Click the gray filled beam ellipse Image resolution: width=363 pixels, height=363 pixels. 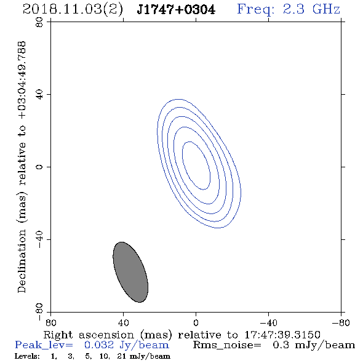(x=130, y=272)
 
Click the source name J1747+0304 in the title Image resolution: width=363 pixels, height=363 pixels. (x=176, y=10)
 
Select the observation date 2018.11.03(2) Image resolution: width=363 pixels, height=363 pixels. (x=73, y=10)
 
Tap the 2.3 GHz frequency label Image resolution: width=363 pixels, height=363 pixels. (x=311, y=9)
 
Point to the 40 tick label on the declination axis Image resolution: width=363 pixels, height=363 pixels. (x=39, y=95)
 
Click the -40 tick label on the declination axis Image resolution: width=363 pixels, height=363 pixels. (x=39, y=239)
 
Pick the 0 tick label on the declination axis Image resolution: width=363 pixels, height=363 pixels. (x=39, y=167)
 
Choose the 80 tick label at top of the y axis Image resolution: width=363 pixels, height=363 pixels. (x=39, y=22)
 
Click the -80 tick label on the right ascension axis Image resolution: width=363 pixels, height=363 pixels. (x=341, y=323)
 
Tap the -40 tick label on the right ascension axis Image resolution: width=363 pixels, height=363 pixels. (x=268, y=323)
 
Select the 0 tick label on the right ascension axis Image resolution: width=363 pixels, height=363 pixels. (x=196, y=323)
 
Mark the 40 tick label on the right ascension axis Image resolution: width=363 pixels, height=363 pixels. (x=123, y=323)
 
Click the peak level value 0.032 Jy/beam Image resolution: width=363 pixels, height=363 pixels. (x=127, y=345)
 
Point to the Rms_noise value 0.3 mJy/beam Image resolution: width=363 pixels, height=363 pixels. (x=314, y=345)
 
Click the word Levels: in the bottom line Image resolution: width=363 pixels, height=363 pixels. (x=27, y=356)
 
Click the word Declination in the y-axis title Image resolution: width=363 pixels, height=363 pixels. (x=22, y=261)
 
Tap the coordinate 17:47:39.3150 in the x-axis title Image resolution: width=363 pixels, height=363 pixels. (x=282, y=335)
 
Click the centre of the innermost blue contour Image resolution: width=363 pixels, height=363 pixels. (x=196, y=166)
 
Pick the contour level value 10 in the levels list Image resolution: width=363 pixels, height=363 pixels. (x=104, y=356)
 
